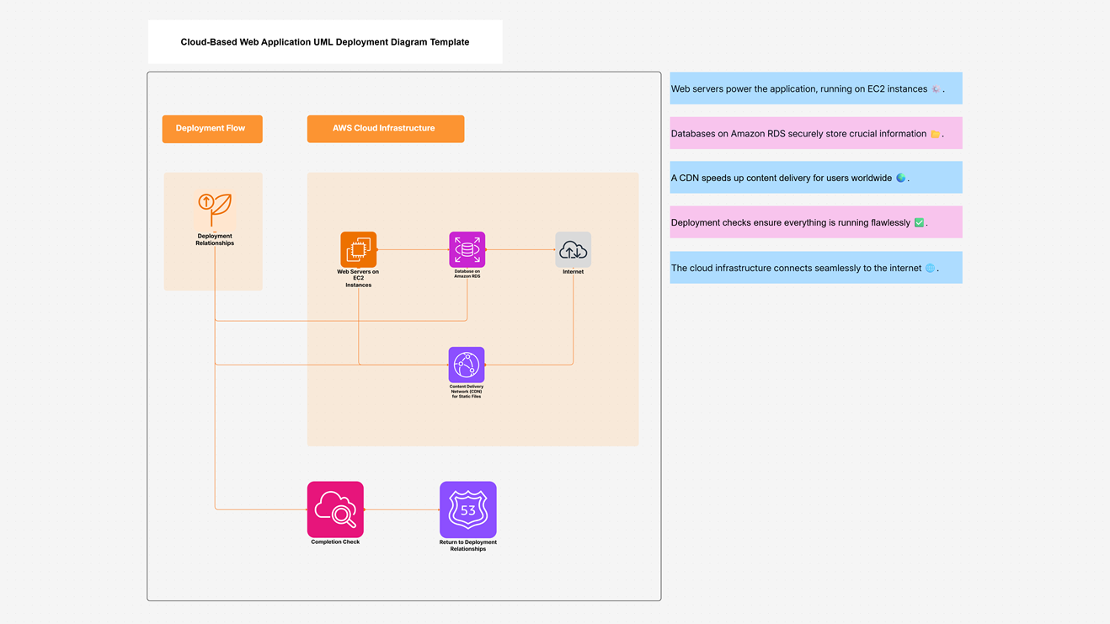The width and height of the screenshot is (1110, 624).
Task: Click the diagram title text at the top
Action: coord(324,42)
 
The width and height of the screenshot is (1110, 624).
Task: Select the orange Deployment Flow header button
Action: coord(211,129)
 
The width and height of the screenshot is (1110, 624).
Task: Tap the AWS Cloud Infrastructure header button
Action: coord(385,129)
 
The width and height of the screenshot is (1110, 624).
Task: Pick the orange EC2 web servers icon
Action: coord(358,249)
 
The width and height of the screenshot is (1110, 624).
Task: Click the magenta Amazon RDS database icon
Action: coord(467,249)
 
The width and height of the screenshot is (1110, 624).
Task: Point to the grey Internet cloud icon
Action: coord(573,249)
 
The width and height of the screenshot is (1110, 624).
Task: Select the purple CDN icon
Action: coord(466,365)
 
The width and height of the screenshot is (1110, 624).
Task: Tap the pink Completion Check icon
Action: coord(335,509)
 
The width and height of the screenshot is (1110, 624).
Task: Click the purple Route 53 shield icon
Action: coord(467,509)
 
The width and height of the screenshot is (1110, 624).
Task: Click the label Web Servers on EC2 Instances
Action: coord(358,279)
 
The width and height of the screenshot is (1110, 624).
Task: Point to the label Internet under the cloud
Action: coord(573,272)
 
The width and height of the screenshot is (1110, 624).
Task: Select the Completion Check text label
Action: coord(335,542)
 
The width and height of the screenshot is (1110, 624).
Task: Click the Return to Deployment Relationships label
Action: coord(467,546)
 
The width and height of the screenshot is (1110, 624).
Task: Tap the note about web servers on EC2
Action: coord(815,88)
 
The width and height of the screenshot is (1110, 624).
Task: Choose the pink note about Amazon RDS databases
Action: coord(815,133)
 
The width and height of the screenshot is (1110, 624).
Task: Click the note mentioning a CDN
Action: coord(815,178)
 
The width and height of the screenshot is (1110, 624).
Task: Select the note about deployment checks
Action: coord(815,222)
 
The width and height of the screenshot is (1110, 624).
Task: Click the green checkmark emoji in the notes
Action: coord(919,222)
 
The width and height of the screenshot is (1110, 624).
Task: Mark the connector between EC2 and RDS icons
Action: coord(413,249)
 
